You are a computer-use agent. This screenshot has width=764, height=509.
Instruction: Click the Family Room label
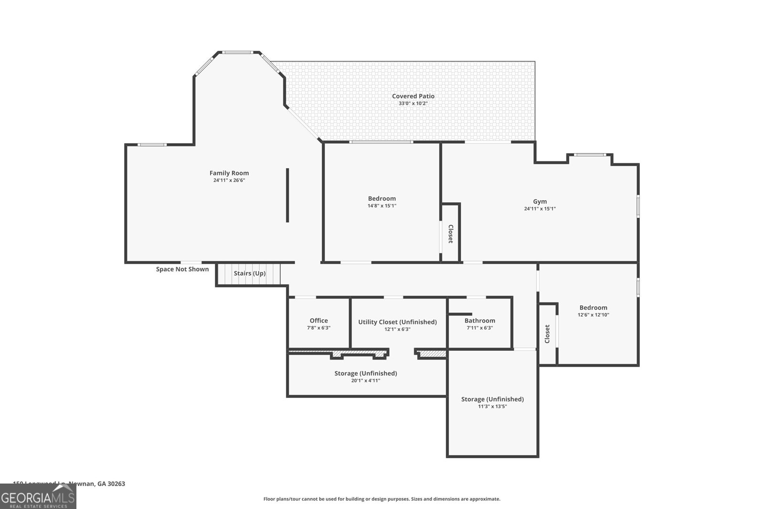click(229, 173)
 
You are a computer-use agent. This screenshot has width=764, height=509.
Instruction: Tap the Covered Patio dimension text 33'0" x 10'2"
click(413, 104)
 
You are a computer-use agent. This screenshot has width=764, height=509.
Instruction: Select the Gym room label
click(540, 201)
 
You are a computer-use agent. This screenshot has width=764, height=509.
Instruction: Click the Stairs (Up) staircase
click(249, 274)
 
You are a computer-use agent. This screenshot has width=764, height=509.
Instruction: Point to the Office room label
click(318, 321)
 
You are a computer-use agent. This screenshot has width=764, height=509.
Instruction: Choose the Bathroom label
click(480, 321)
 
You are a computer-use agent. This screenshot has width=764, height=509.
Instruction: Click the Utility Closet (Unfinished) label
click(397, 322)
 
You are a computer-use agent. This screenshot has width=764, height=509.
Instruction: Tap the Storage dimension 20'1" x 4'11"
click(365, 381)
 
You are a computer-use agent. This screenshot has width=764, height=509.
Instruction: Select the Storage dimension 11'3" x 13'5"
click(492, 406)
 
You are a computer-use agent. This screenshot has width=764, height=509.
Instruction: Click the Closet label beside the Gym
click(450, 234)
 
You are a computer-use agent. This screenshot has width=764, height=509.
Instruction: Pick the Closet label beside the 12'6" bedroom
click(547, 333)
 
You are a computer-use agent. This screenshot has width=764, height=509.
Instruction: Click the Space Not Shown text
click(182, 269)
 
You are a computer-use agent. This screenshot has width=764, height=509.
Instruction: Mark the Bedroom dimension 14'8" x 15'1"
click(382, 206)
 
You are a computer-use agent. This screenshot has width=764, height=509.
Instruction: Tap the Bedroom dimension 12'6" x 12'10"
click(593, 315)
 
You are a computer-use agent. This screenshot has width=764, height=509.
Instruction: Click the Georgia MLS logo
click(38, 497)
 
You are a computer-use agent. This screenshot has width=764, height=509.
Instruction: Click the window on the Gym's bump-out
click(590, 155)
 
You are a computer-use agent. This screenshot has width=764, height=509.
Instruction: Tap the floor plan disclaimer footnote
click(382, 499)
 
